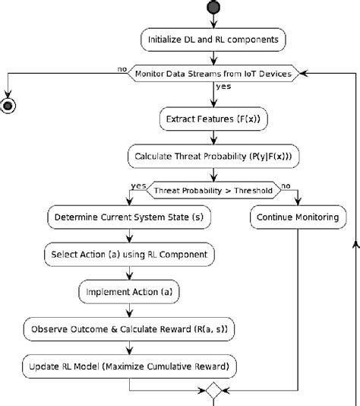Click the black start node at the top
pyautogui.click(x=213, y=8)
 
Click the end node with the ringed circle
pyautogui.click(x=9, y=105)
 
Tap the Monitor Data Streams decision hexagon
pyautogui.click(x=213, y=73)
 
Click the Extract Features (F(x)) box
pyautogui.click(x=213, y=119)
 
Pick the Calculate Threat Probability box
pyautogui.click(x=213, y=157)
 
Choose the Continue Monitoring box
pyautogui.click(x=298, y=217)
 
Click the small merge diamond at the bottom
pyautogui.click(x=213, y=392)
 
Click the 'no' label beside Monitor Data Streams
pyautogui.click(x=122, y=68)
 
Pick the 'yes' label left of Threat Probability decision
pyautogui.click(x=138, y=186)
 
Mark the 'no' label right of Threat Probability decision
pyautogui.click(x=286, y=186)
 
